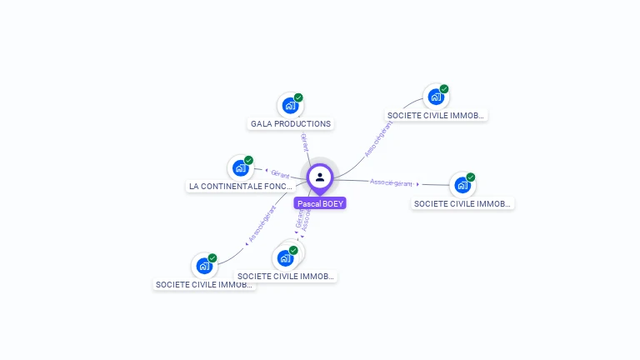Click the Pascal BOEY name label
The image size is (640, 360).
tap(319, 203)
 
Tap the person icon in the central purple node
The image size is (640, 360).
tap(320, 177)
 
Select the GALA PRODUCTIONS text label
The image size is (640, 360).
tap(291, 124)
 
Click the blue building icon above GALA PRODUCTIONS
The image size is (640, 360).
tap(289, 106)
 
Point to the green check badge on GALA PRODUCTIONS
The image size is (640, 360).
tap(298, 97)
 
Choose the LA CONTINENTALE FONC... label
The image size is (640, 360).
tap(241, 187)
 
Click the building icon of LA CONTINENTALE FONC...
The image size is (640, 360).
tap(240, 168)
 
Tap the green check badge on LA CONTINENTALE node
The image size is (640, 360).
tap(248, 160)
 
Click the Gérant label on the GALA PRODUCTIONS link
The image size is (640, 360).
tap(304, 142)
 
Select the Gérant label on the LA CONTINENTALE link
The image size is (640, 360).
tap(280, 175)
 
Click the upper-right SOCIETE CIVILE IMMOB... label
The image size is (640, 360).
tap(436, 116)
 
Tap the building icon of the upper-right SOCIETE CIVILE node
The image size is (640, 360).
tap(435, 97)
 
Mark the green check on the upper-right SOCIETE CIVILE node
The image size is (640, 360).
tap(444, 88)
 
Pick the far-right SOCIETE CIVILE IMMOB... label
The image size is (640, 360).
tap(462, 203)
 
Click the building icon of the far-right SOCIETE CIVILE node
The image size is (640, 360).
tap(462, 185)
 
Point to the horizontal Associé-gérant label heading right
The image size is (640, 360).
tap(392, 182)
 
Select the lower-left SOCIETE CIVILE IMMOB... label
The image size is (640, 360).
tap(204, 284)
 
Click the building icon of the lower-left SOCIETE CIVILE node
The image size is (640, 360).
tap(203, 267)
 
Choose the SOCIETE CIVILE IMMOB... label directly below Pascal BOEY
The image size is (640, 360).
tap(286, 276)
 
